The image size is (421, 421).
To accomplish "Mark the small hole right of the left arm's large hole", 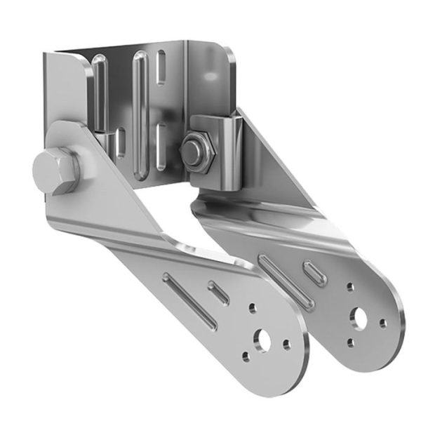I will tap(286, 345).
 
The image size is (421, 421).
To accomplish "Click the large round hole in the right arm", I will tap(361, 318).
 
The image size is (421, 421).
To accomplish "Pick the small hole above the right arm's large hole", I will tap(350, 286).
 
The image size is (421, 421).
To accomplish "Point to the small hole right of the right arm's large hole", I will tap(382, 323).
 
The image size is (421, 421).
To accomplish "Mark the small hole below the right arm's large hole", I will tap(349, 343).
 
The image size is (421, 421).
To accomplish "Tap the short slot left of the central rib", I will tap(121, 140).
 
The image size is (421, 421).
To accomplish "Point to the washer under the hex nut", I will tap(199, 163).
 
